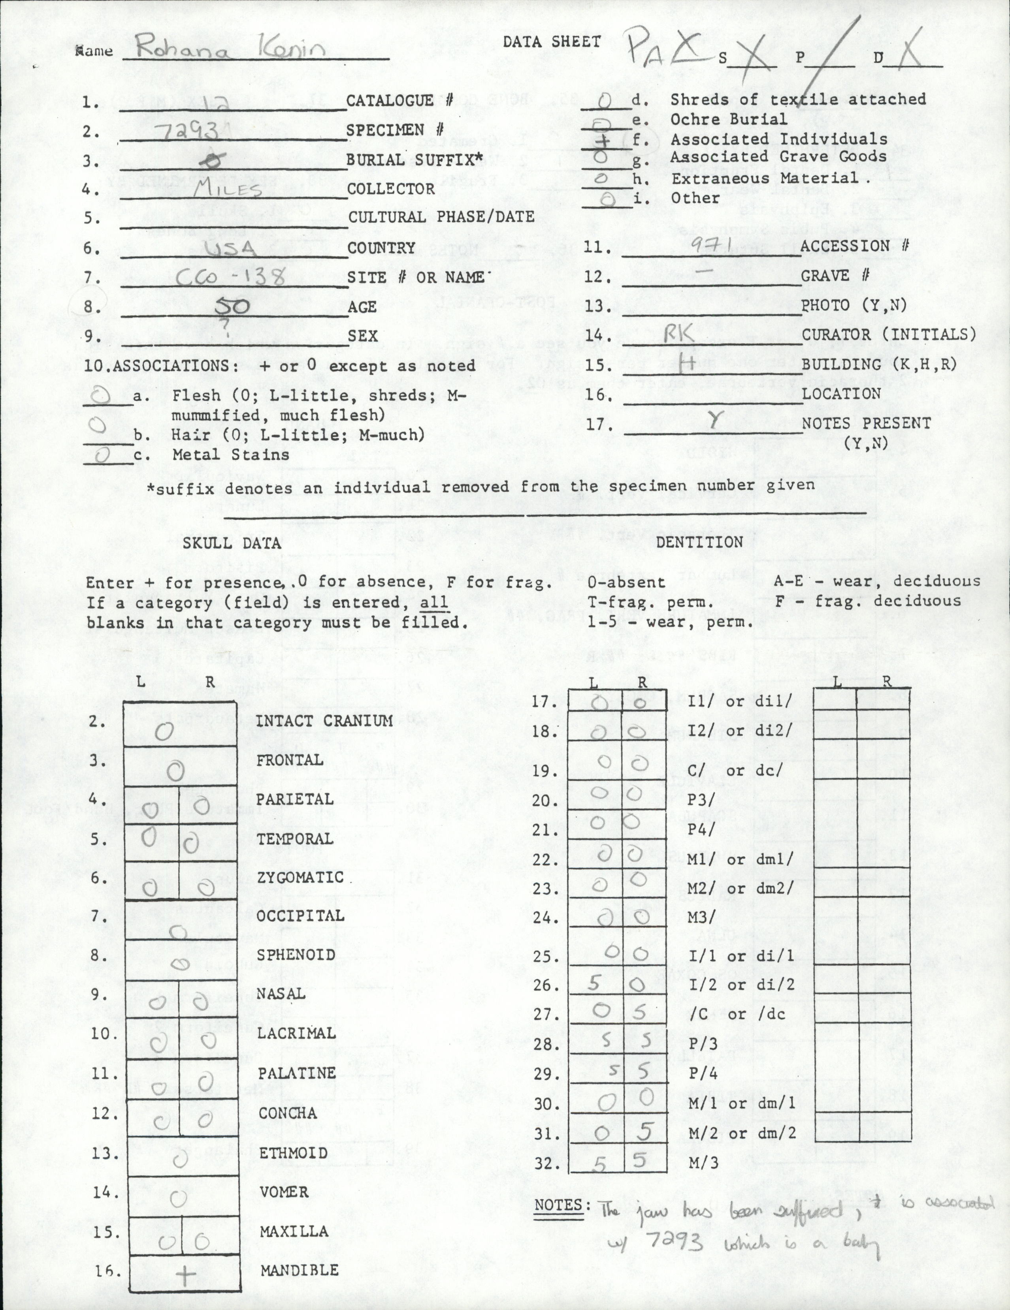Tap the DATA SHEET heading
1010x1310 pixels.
coord(552,41)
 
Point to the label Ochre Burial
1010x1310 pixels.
coord(729,119)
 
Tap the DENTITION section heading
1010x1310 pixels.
coord(700,541)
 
